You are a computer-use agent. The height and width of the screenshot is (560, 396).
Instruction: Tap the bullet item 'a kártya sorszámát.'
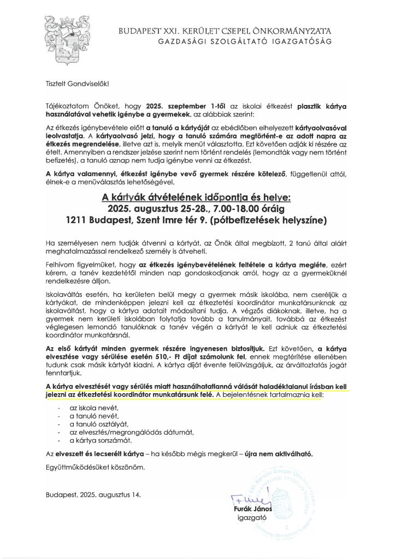[x=100, y=439]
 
